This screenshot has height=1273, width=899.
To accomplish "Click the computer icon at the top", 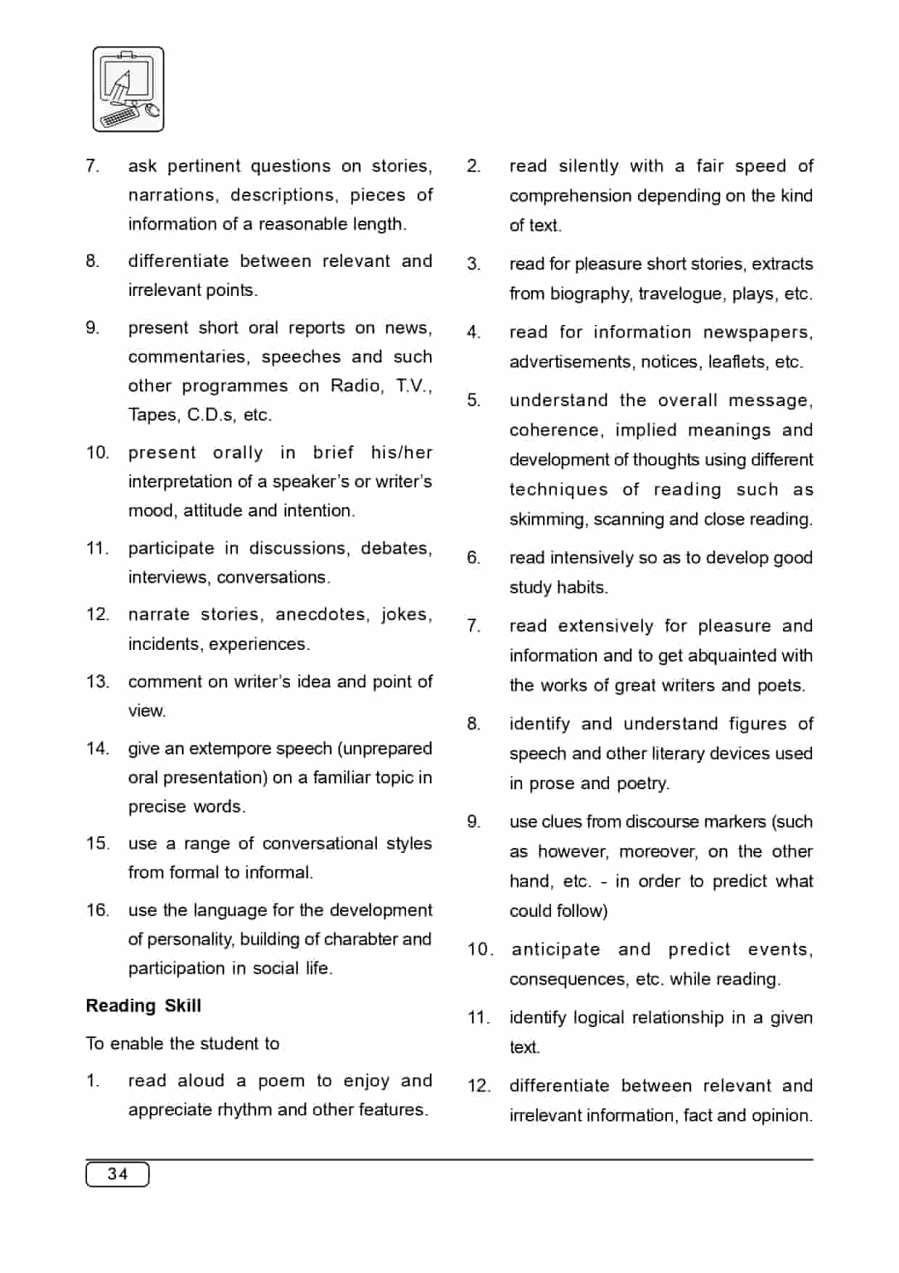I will point(128,89).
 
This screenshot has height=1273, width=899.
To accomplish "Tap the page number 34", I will point(117,1174).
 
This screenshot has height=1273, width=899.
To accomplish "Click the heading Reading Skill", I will point(144,1005).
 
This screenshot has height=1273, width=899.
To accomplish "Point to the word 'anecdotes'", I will point(320,614).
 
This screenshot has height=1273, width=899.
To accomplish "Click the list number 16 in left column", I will point(97,910).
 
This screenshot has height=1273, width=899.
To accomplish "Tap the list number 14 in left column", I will point(97,748).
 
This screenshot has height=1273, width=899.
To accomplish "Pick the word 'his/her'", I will point(401,452).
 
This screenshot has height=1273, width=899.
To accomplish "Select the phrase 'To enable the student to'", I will point(183,1043).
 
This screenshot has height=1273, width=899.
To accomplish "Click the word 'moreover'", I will point(658,851).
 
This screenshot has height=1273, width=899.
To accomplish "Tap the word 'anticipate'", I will point(555,949).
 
